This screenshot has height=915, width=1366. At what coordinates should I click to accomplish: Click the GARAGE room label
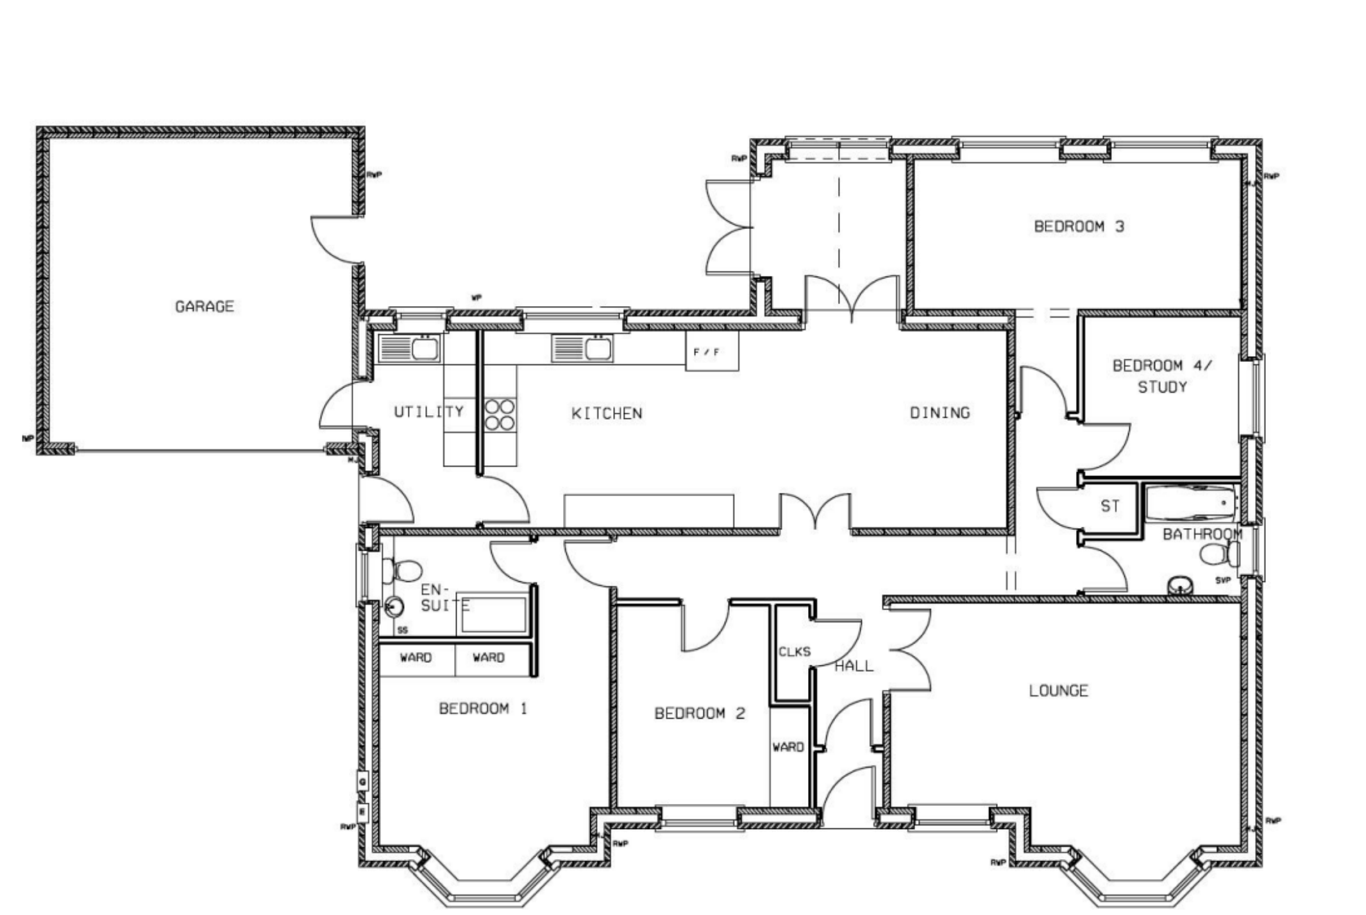coord(205,307)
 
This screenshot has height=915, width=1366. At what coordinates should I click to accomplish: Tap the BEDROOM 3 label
coord(1079,227)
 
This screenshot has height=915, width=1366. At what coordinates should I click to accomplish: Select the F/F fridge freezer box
coord(711,351)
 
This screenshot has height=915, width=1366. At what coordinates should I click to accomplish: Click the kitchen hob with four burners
coord(500,414)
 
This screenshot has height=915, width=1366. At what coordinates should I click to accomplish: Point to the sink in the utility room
coord(409,348)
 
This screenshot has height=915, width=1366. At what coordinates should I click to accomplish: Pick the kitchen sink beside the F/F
coord(582,348)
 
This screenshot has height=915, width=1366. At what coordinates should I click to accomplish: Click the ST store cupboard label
coord(1110,506)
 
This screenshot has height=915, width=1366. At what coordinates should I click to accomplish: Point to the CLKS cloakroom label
coord(794,652)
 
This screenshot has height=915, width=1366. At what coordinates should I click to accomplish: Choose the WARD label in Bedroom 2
coord(788,747)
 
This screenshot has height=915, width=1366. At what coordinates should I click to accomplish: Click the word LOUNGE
coord(1058,691)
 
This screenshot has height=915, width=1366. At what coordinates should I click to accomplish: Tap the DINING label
coord(940,413)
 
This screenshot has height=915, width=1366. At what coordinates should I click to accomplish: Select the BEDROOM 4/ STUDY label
coord(1162,376)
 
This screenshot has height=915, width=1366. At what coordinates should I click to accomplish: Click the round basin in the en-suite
coord(394,606)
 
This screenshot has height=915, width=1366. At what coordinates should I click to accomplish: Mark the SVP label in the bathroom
coord(1222,580)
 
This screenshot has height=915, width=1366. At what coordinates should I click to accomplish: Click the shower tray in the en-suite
coord(493,614)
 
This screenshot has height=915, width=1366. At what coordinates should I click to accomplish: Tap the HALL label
coord(854,666)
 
